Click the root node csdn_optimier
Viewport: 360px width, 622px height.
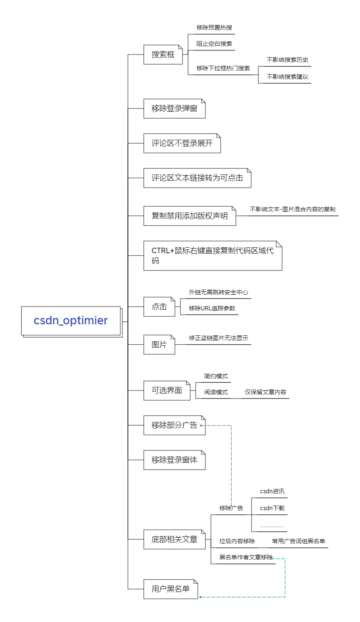[71, 321]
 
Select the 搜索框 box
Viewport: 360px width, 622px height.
[163, 55]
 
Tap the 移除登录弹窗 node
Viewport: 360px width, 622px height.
[174, 109]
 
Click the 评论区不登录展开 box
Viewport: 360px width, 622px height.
[182, 144]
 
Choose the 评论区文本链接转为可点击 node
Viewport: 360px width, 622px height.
[197, 178]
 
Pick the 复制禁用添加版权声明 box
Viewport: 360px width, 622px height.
[190, 216]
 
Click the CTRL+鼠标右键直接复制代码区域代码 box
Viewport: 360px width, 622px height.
[213, 256]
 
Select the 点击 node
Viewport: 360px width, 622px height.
[159, 307]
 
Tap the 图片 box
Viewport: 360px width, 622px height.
[159, 345]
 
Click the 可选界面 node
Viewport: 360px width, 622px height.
[167, 390]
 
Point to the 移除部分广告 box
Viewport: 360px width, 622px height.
[174, 425]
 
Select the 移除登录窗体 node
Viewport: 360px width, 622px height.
[174, 460]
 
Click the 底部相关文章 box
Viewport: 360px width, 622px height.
[174, 539]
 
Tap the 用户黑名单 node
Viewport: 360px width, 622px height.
[171, 589]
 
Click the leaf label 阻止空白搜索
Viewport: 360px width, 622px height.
[214, 44]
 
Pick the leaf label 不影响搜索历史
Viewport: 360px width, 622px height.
[287, 60]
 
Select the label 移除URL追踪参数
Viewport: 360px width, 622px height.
[212, 308]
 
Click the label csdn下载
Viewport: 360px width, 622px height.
[272, 508]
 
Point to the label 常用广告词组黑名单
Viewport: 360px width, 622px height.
[298, 541]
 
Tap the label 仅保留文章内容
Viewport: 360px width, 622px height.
[265, 392]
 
